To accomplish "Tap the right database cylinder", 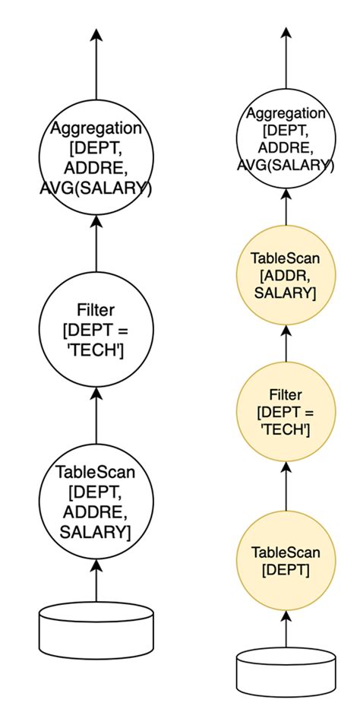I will (x=285, y=669).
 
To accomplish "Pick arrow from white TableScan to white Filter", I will (x=96, y=415).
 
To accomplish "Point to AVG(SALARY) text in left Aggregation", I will (x=96, y=188).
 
